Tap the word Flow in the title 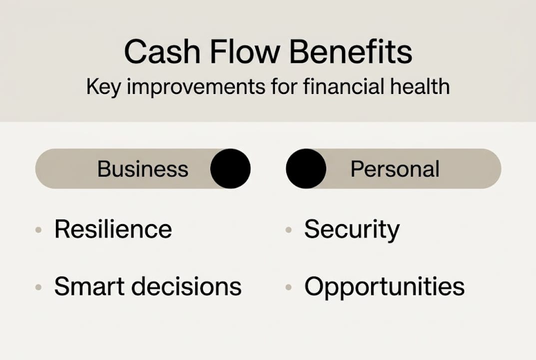(230, 52)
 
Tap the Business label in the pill (143, 169)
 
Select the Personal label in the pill (395, 169)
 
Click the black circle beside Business (230, 168)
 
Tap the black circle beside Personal (306, 168)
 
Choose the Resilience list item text (113, 229)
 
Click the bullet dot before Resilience (38, 230)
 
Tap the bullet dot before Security (288, 230)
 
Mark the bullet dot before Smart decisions (38, 287)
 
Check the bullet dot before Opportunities (288, 287)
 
